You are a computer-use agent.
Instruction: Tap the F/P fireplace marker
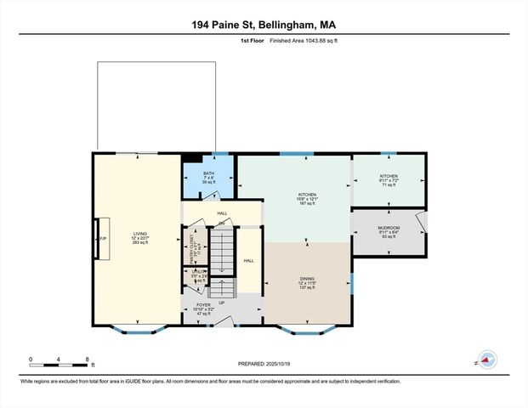click(102, 240)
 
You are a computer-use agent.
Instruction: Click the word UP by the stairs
click(223, 302)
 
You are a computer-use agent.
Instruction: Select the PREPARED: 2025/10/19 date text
click(264, 363)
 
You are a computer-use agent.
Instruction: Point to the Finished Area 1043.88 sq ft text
click(294, 40)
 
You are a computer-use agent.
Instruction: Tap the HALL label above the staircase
click(222, 213)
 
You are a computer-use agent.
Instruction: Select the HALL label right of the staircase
click(248, 261)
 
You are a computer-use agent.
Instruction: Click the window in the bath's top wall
click(220, 154)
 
